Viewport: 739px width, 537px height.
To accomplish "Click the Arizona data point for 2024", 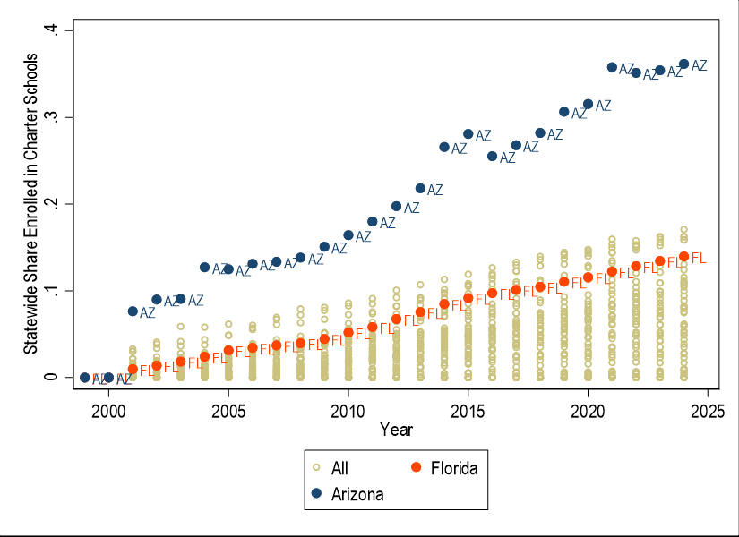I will tap(683, 64).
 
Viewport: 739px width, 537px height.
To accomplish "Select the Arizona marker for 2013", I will tap(420, 188).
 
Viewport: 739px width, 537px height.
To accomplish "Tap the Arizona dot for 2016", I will tap(492, 156).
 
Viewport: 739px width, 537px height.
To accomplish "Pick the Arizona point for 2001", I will tap(133, 311).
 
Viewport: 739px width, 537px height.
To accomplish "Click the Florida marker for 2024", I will tap(683, 257).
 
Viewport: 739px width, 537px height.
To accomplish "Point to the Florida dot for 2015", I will tap(468, 298).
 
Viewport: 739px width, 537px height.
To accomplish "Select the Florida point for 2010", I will tap(348, 332).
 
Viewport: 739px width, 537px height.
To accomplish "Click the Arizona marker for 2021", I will tap(612, 67).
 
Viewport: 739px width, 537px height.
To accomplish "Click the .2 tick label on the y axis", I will tap(54, 204).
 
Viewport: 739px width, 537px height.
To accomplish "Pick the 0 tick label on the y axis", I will tap(54, 377).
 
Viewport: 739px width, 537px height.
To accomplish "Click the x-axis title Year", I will tap(396, 430).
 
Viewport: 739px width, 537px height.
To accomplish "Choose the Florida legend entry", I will tap(458, 468).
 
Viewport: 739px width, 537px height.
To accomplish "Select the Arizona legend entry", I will tap(357, 494).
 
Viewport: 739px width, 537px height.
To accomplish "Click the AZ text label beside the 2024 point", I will tap(699, 65).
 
